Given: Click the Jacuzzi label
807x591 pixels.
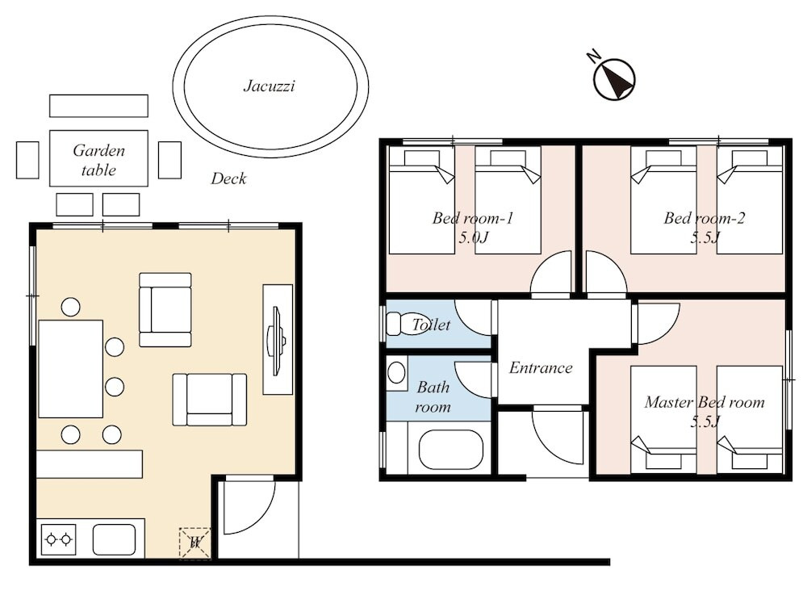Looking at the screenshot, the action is (270, 86).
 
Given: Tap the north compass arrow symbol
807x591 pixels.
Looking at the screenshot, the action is (614, 79).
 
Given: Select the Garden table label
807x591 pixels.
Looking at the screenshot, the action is (98, 160).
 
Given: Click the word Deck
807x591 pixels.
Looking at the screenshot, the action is (228, 178).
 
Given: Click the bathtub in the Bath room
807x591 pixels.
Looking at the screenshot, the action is (451, 450).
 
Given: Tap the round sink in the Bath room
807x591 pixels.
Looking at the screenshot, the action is (396, 371).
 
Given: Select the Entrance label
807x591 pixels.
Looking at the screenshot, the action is (541, 367).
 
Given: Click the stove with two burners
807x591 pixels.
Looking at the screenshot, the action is (58, 539).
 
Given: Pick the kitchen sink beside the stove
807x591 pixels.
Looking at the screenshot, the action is (115, 539).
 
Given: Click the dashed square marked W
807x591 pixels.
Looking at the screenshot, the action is (194, 543).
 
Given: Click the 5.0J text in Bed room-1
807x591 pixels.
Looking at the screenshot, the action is (473, 237).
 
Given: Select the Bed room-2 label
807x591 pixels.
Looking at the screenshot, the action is (704, 218).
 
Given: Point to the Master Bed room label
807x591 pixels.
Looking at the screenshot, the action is (705, 402).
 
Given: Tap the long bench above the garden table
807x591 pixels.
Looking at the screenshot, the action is (98, 106).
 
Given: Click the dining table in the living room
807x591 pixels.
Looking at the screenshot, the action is (70, 369).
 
